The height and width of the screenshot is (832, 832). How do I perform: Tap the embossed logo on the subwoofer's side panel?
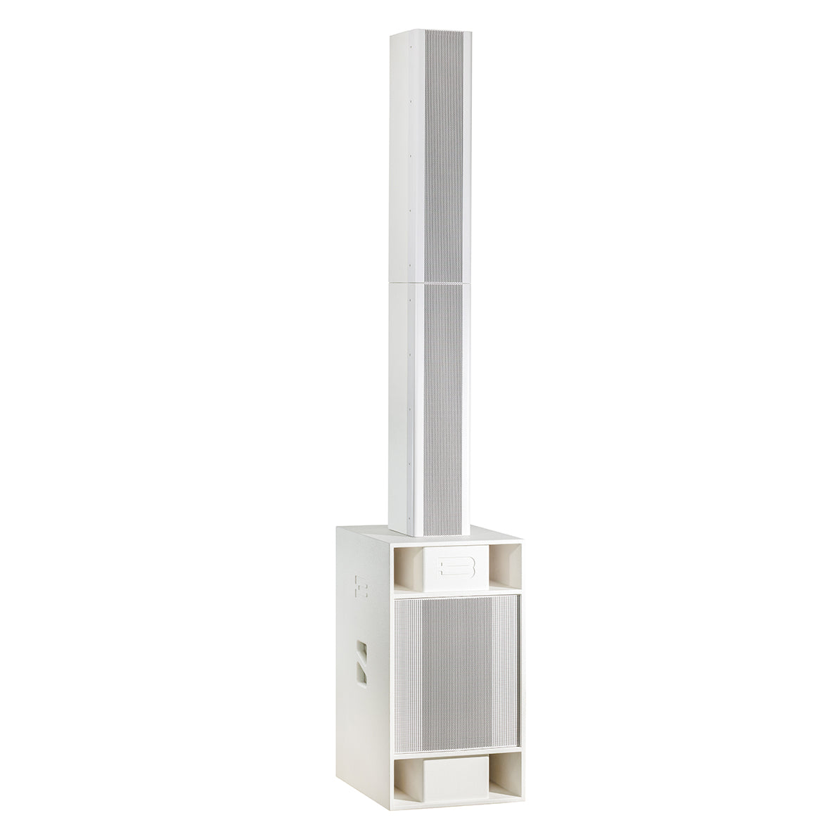pyautogui.click(x=361, y=584)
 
